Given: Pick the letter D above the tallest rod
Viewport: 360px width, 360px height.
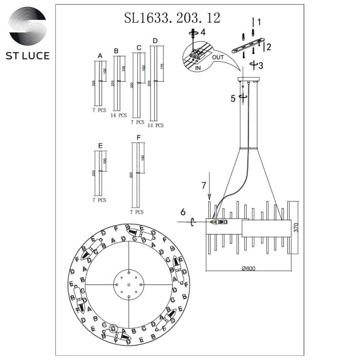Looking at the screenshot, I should [x=155, y=41].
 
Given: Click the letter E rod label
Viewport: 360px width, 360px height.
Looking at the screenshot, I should [x=100, y=146].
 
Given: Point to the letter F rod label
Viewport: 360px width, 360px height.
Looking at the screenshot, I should [x=139, y=137].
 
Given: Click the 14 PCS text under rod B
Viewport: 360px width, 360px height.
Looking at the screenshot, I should [x=118, y=115].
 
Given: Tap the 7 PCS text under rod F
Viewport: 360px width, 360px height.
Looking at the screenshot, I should [x=137, y=212].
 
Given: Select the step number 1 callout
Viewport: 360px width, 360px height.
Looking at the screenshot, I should [x=259, y=22].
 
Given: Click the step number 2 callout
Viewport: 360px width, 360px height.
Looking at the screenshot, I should [x=269, y=46].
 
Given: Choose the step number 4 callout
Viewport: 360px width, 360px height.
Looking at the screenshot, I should [x=203, y=31].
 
